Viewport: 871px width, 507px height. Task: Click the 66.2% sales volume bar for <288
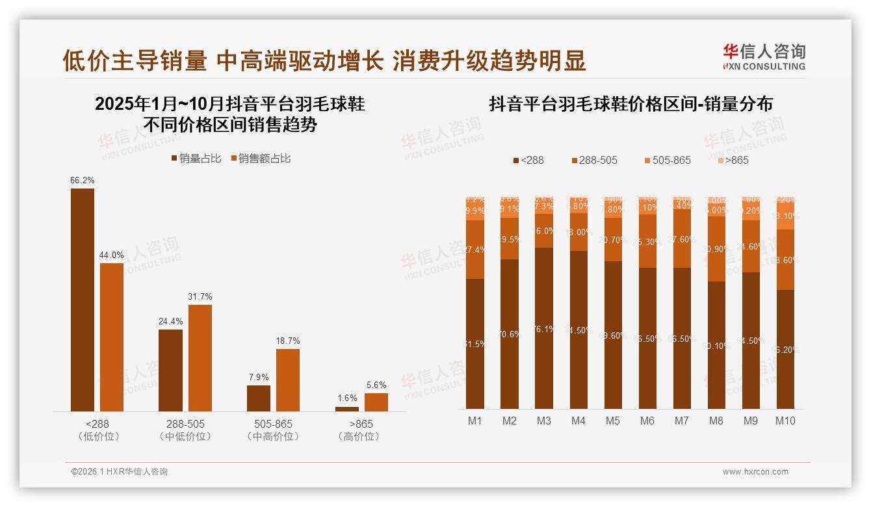click(83, 300)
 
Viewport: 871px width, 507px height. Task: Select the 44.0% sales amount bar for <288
click(112, 337)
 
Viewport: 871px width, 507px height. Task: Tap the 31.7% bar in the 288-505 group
click(200, 357)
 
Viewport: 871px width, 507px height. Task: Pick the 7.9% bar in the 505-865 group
click(259, 398)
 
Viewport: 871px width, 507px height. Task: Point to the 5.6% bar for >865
click(376, 402)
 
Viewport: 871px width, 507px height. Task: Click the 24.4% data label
click(171, 321)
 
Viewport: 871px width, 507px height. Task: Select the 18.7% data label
click(288, 341)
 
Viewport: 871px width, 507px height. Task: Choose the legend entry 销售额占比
click(260, 159)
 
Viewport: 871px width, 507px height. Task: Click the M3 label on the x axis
click(544, 421)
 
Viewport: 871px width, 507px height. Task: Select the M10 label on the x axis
click(785, 421)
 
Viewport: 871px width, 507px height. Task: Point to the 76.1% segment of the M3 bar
click(544, 328)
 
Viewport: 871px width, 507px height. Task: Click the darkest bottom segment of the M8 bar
click(716, 345)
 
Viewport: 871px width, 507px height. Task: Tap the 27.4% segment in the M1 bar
click(475, 250)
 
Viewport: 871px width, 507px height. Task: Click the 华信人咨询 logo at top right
click(764, 57)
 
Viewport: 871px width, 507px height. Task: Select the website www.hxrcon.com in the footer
click(755, 472)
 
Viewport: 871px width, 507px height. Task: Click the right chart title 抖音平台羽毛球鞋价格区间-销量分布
click(630, 104)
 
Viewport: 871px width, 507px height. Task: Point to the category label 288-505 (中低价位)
click(185, 430)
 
